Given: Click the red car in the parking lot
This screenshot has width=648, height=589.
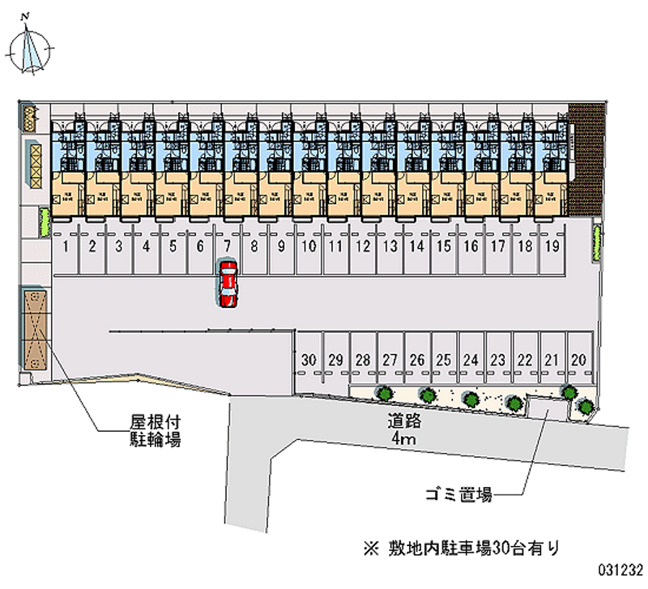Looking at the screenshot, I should coord(228,284).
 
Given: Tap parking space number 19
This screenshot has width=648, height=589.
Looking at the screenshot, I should coord(552,245).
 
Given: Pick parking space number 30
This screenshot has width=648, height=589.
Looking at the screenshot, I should coord(308,359).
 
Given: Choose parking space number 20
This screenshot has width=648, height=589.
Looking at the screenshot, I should coord(578,359).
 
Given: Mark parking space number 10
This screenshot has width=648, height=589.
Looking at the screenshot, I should coord(309,245).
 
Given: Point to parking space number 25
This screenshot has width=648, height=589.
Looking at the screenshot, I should coord(443,359).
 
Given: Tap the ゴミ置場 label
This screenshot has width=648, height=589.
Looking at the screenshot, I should coord(459,493).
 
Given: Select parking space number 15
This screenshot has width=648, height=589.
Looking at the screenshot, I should coord(443,245).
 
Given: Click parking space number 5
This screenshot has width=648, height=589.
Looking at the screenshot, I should coord(173,245).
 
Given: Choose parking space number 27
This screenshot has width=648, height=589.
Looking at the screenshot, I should coord(390,359).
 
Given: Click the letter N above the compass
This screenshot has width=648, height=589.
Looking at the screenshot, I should coord(26,16).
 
